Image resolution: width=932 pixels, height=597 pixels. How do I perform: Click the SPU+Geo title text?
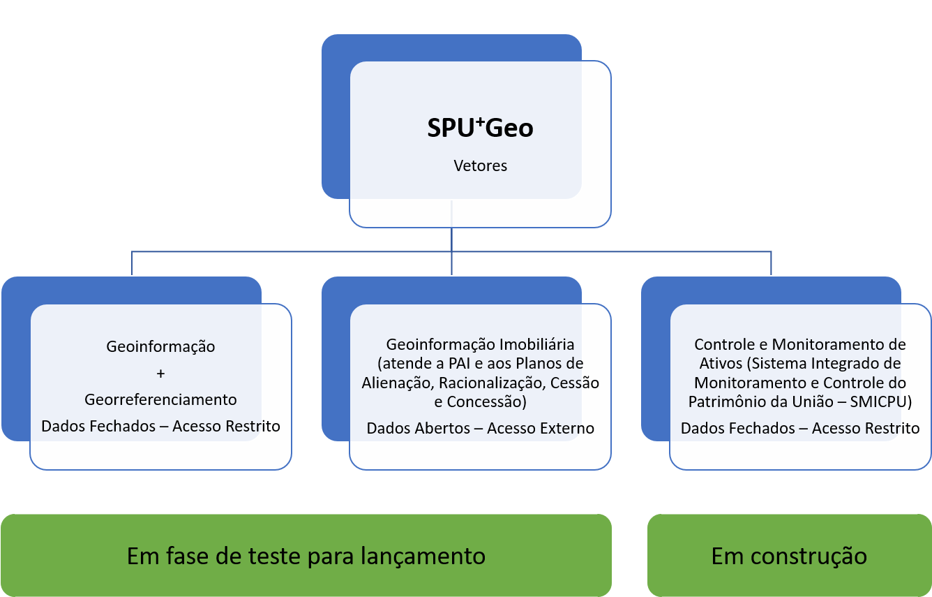480,128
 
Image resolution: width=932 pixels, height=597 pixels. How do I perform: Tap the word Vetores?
480,166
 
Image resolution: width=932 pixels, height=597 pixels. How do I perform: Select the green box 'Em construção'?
789,556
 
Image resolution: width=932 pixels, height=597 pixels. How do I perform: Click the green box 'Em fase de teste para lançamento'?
306,556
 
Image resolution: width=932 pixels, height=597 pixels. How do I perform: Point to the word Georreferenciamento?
160,400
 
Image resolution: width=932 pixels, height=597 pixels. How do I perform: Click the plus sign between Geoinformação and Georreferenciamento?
160,374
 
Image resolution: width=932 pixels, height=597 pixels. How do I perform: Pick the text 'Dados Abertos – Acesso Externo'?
480,429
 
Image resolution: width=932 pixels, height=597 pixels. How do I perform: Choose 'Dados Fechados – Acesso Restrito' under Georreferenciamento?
160,426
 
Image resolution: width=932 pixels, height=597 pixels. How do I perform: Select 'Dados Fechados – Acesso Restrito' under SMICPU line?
800,429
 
